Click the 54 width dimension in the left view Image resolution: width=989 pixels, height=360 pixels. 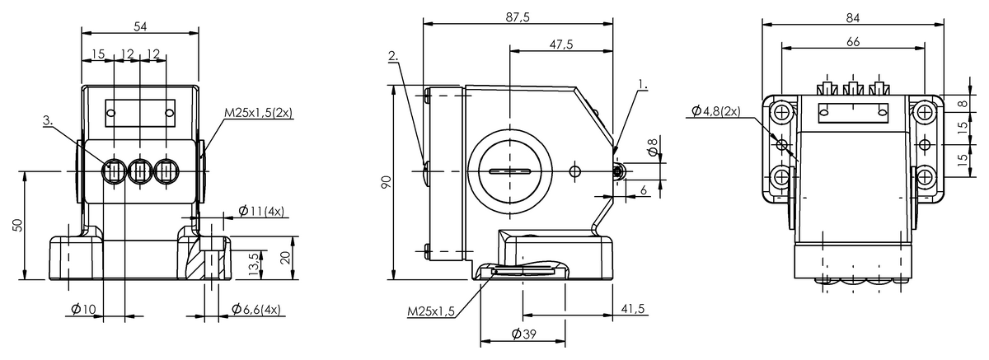pos(140,27)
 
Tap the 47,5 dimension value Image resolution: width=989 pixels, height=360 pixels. pos(560,44)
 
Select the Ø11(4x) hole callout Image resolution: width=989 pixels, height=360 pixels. pos(261,211)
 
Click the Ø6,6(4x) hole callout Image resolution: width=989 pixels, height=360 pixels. pos(255,310)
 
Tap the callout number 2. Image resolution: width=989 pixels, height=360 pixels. pos(393,58)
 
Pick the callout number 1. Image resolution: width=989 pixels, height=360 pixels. pos(642,84)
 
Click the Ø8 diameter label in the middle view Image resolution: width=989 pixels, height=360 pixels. pos(653,149)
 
